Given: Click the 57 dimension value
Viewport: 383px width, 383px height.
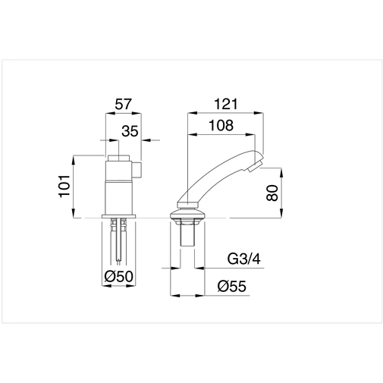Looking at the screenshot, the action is pos(124,104).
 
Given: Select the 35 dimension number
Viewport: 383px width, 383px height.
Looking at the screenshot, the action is pos(130,131).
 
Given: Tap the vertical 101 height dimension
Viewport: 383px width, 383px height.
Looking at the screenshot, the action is pos(64,186).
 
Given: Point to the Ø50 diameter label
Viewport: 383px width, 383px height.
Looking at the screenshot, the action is pos(118,277).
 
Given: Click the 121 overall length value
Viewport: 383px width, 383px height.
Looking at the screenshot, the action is pos(226,104).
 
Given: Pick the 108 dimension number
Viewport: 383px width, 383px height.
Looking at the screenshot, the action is pos(221,125).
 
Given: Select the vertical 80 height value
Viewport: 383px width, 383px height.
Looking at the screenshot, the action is pos(272,193).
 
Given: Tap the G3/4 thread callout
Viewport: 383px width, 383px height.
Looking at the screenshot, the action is pos(243,259).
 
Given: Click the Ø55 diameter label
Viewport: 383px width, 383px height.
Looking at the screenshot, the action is pos(231,287).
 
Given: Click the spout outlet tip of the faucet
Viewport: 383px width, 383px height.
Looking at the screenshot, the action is pos(255,167).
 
